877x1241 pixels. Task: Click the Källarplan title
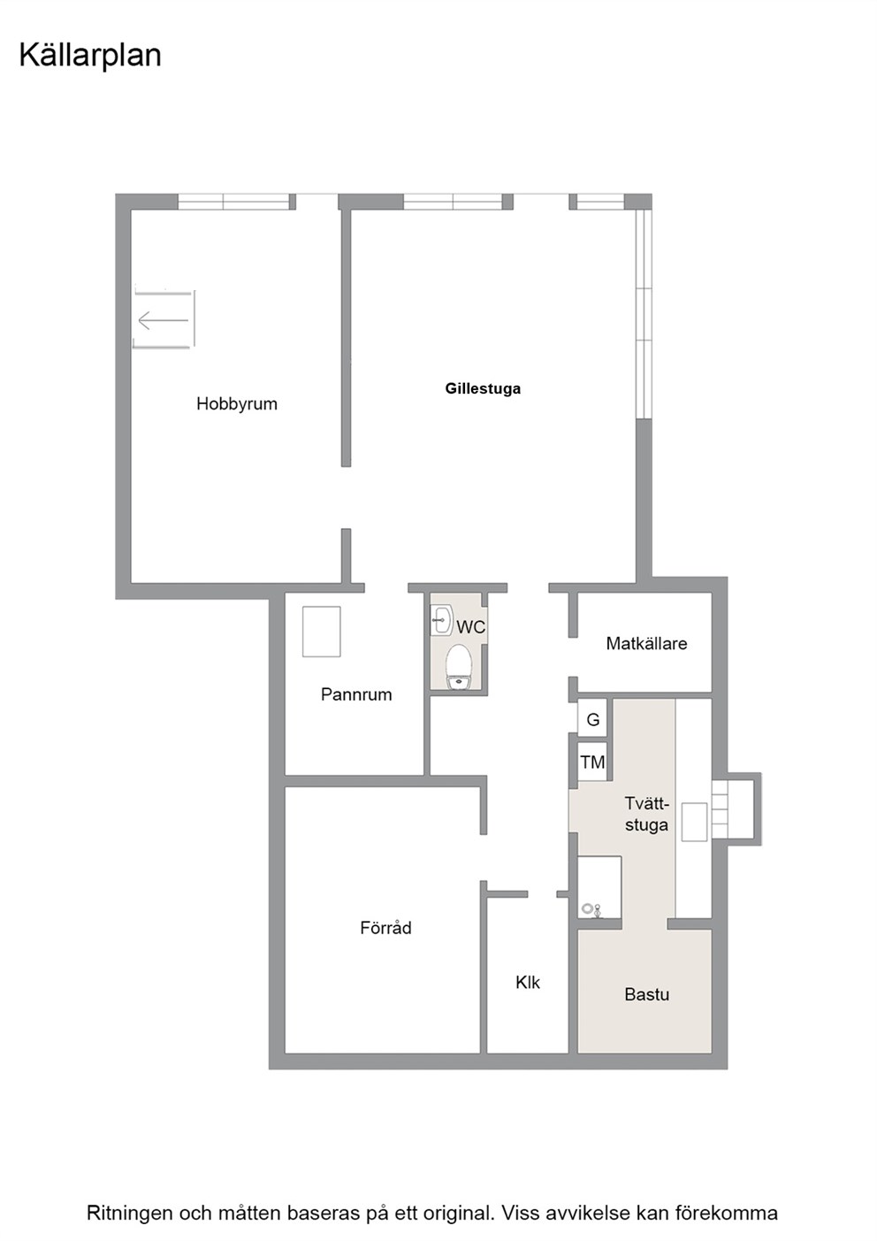[x=90, y=57]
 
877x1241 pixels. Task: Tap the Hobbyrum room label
[x=236, y=404]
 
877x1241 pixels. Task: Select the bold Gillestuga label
[x=483, y=388]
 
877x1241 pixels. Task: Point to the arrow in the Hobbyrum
[x=164, y=320]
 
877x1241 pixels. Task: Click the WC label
[x=470, y=627]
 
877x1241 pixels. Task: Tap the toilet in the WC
[x=459, y=667]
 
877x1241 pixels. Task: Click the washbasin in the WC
[x=442, y=620]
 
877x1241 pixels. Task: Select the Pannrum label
[x=356, y=694]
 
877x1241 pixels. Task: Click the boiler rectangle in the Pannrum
[x=321, y=632]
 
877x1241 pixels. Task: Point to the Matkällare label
[x=646, y=643]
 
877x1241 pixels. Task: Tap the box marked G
[x=592, y=720]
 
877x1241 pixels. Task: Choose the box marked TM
[x=592, y=762]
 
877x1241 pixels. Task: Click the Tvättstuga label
[x=646, y=814]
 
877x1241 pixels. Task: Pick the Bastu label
[x=646, y=994]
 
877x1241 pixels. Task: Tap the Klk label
[x=528, y=982]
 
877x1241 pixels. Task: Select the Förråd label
[x=386, y=927]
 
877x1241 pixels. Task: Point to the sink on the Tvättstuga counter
[x=694, y=822]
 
